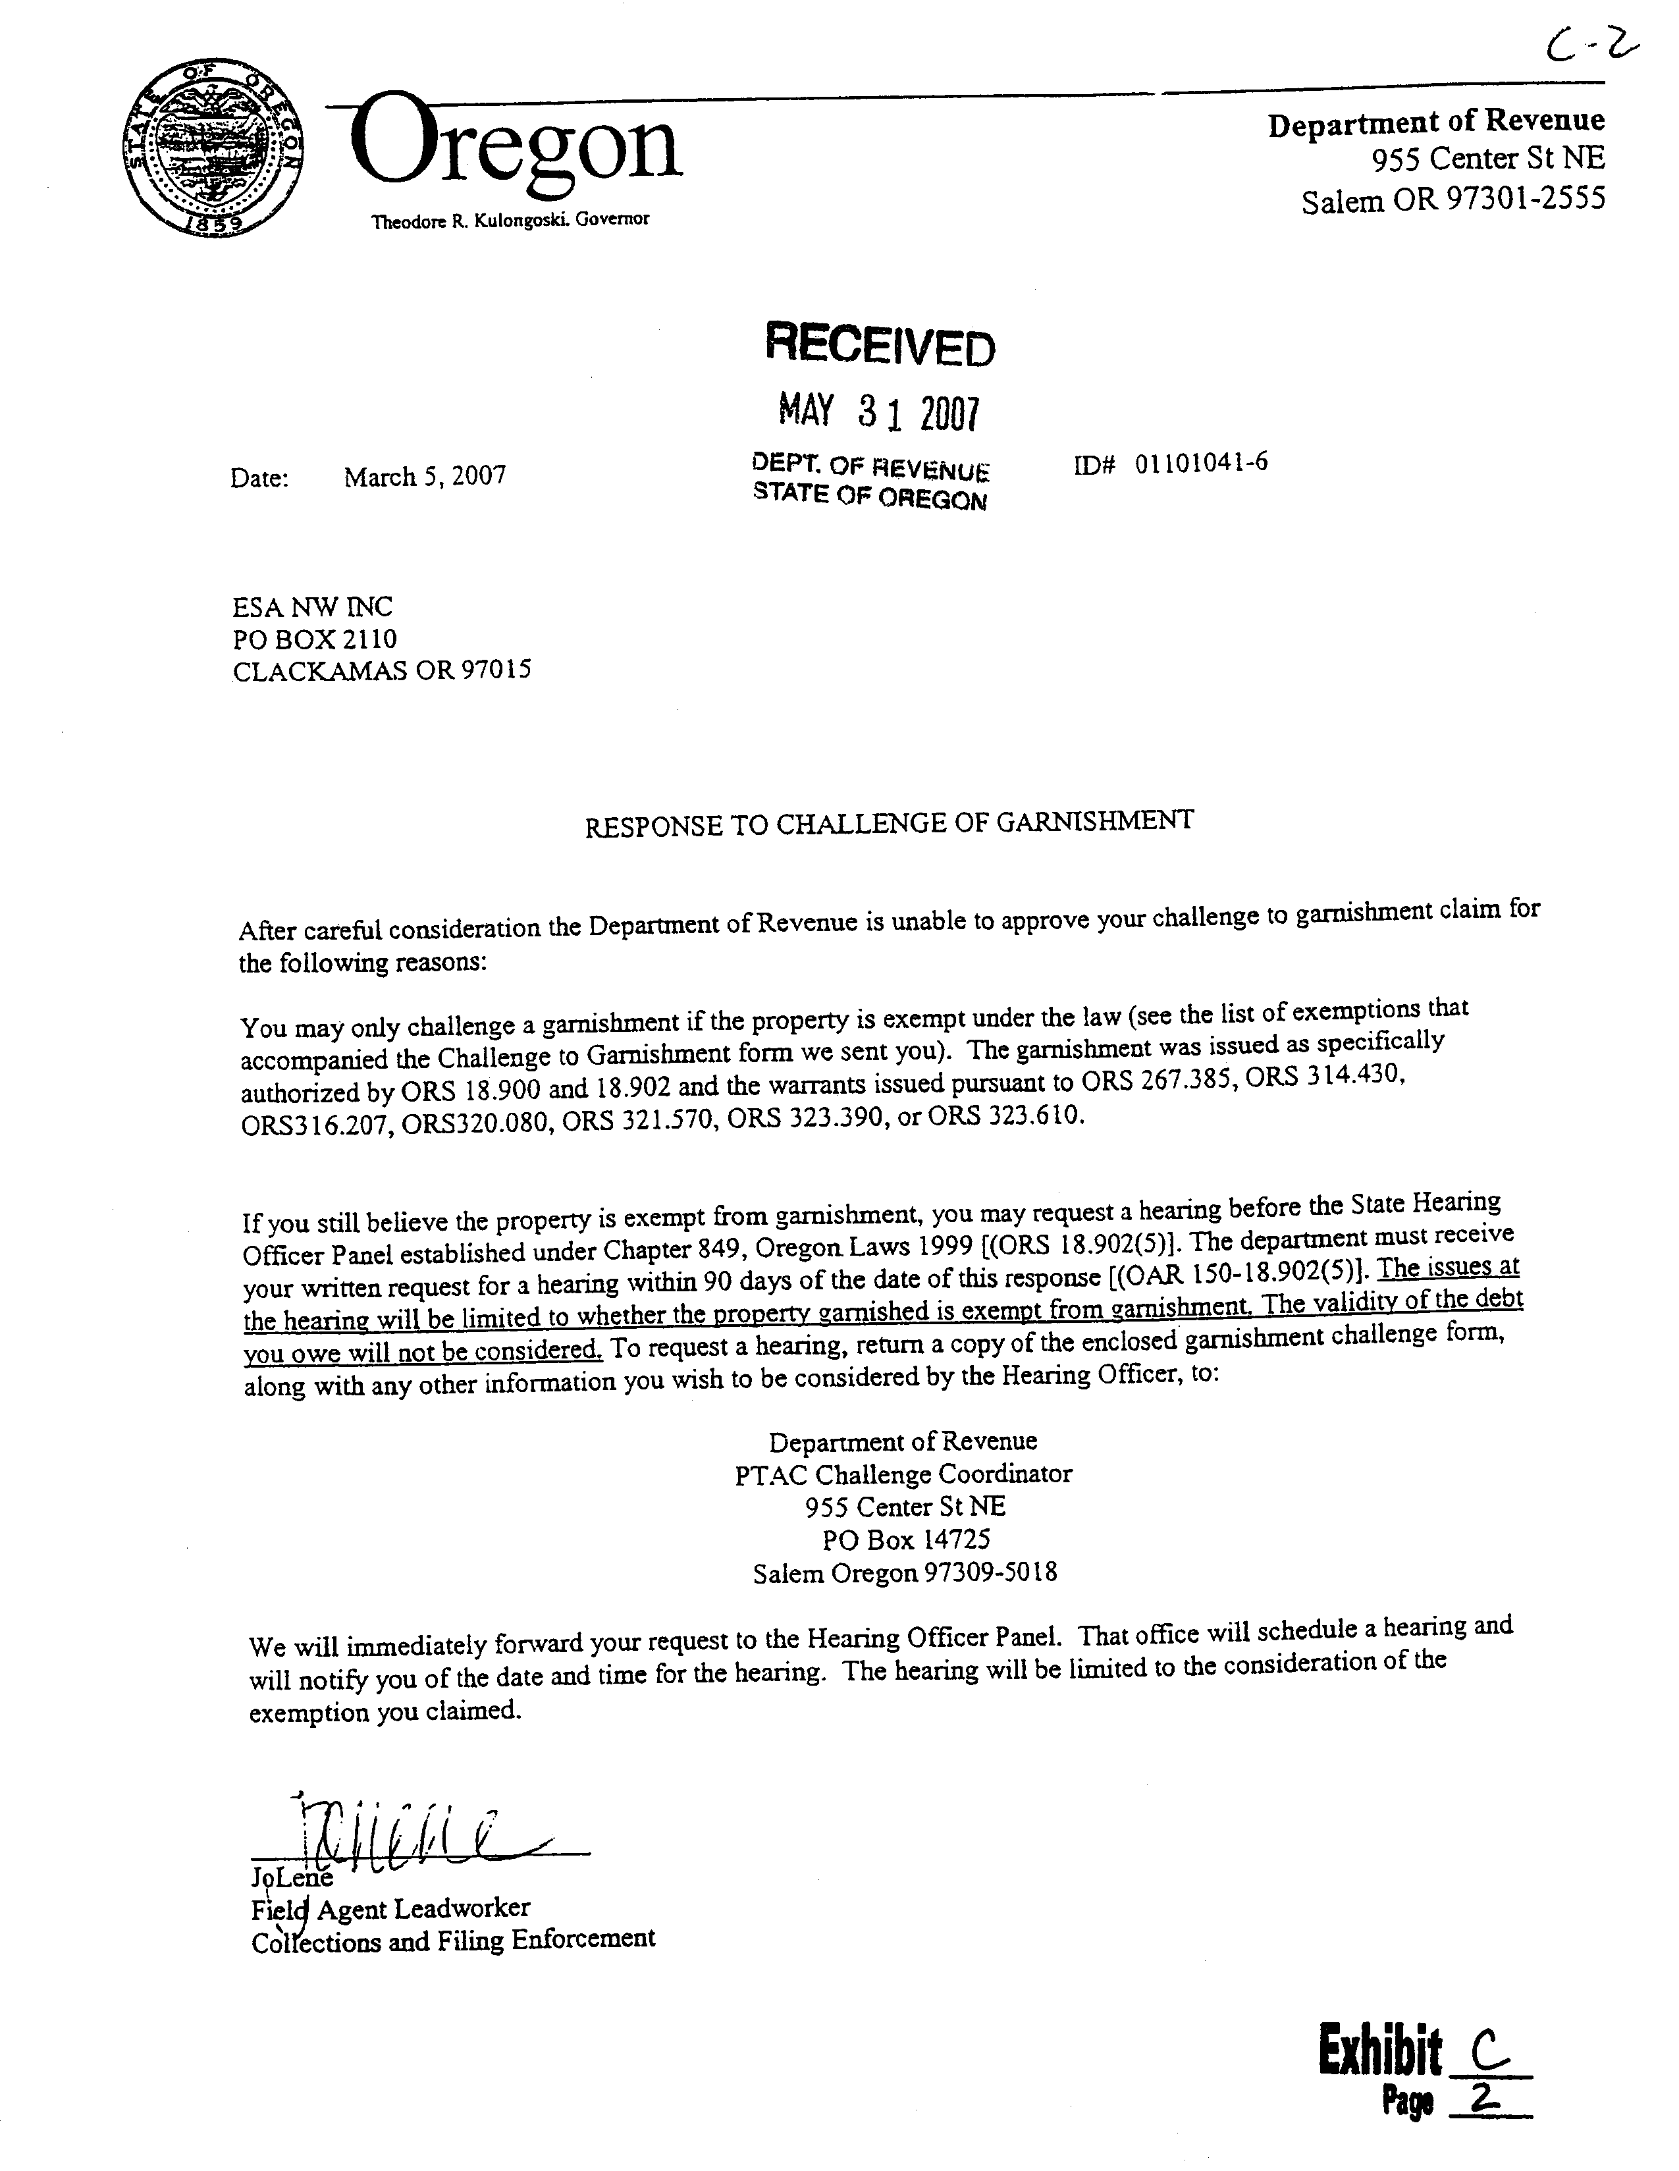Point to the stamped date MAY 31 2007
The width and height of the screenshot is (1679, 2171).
(879, 410)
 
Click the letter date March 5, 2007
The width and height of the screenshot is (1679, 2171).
(425, 476)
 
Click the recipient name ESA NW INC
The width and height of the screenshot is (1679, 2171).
(312, 606)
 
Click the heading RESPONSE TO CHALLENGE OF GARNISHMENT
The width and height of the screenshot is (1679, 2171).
(888, 823)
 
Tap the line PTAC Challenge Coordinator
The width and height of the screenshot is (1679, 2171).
(903, 1474)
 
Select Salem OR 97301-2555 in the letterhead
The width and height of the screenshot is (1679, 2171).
(1452, 201)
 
